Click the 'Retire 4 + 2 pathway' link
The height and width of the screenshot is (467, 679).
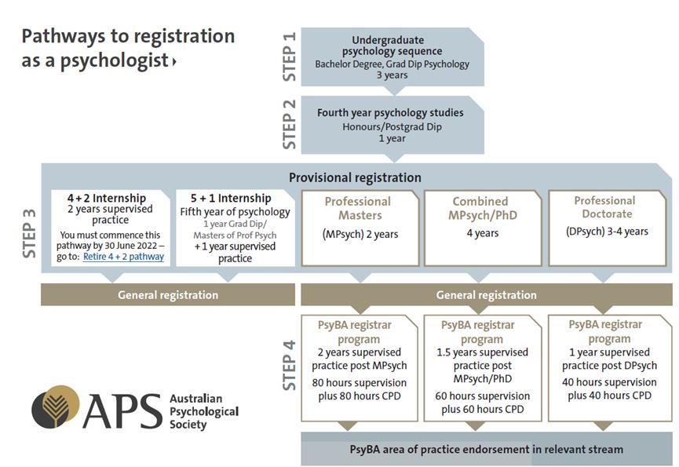tap(123, 257)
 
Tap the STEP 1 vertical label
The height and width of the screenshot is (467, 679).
tap(289, 57)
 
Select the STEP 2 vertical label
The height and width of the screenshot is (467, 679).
tap(289, 125)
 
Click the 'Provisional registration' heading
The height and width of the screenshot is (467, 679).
tap(355, 177)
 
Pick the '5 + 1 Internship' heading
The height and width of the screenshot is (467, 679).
tap(230, 198)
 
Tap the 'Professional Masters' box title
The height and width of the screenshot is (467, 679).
tap(357, 207)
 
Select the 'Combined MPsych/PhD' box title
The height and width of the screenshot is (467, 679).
tap(480, 208)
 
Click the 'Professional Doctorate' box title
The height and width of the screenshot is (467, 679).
tap(604, 207)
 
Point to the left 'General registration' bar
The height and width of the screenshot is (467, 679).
tap(168, 295)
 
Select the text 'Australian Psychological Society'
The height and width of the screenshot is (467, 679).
tap(203, 411)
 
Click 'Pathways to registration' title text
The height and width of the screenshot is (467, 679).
tap(128, 36)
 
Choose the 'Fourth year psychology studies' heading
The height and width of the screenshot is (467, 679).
tap(390, 112)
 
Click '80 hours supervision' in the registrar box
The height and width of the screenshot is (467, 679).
tap(359, 383)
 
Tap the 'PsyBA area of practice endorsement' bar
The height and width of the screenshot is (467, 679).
tap(486, 449)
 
